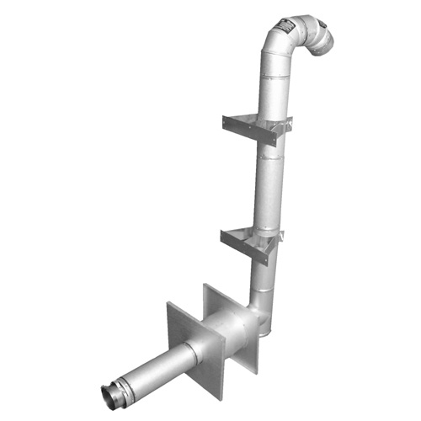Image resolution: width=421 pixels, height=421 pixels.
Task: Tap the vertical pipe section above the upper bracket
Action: tap(275, 84)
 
